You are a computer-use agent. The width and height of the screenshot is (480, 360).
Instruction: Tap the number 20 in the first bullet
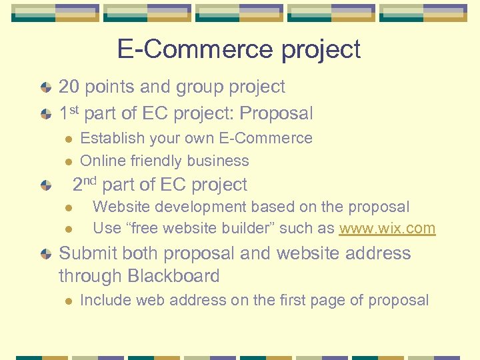(x=69, y=87)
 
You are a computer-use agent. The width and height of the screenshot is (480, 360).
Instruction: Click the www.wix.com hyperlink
(x=387, y=229)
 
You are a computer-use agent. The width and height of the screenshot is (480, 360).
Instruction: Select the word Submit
(x=86, y=254)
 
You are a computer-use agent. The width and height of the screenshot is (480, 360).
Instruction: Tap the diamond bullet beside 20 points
(x=45, y=87)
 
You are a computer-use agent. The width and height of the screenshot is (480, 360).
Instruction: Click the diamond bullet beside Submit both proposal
(x=45, y=254)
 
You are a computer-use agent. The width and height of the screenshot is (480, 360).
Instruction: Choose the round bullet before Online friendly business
(x=67, y=161)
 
